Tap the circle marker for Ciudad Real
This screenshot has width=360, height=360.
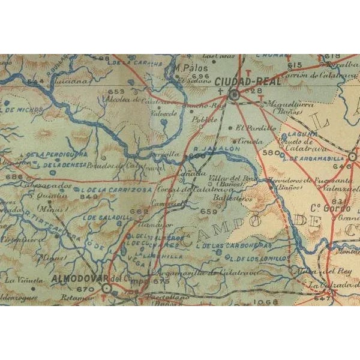(x=235, y=94)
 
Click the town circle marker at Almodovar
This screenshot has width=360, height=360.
(x=107, y=288)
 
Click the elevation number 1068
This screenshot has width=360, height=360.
(x=266, y=301)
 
